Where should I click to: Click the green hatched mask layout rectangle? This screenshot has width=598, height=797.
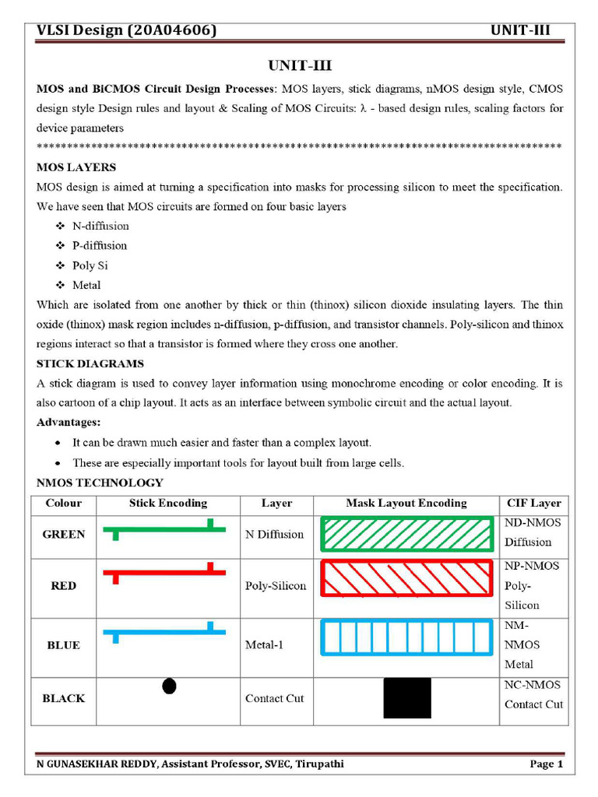406,535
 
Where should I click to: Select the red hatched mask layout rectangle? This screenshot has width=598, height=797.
406,578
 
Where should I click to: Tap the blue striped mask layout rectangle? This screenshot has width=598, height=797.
406,637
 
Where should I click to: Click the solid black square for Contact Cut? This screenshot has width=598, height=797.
406,698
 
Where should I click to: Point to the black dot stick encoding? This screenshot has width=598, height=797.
169,686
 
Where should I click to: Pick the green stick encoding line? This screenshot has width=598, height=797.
167,529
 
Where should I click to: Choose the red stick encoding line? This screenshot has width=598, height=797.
167,573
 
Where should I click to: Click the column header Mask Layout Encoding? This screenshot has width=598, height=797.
406,504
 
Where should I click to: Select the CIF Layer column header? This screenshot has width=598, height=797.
533,504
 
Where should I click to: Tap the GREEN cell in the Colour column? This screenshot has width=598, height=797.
64,535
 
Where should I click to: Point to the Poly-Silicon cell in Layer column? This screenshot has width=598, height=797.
276,586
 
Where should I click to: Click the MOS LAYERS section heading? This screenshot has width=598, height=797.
76,167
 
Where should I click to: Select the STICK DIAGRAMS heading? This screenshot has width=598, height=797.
90,363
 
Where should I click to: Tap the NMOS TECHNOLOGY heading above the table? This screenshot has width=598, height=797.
100,483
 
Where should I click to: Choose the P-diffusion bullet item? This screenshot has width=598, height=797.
100,245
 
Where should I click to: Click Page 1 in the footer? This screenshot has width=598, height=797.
546,764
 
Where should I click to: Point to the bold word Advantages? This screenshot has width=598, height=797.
69,422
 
